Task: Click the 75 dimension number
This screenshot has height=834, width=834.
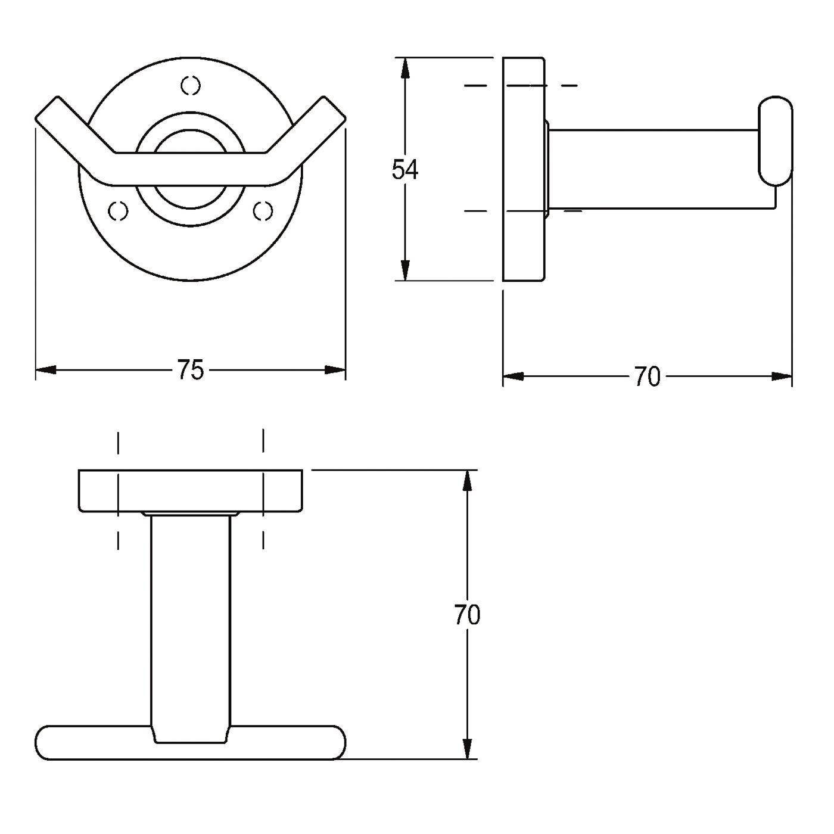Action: (x=191, y=370)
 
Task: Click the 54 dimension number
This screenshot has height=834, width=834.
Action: (x=405, y=170)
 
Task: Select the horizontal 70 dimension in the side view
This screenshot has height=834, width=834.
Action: (x=648, y=376)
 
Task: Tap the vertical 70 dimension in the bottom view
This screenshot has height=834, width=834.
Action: (x=468, y=615)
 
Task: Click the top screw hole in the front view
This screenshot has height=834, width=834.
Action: (x=191, y=85)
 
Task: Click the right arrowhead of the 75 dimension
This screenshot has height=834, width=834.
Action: (x=335, y=370)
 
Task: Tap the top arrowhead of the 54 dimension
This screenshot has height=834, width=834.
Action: (x=405, y=68)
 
